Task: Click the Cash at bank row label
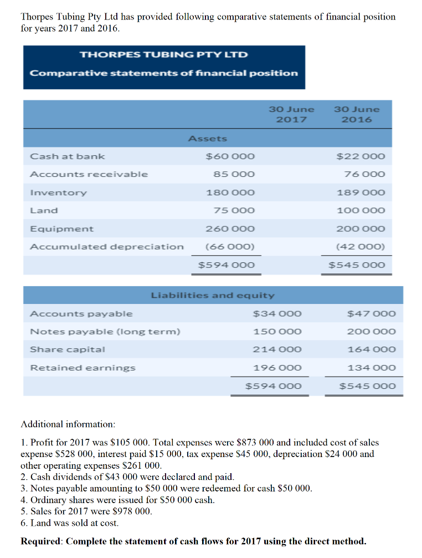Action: pyautogui.click(x=67, y=156)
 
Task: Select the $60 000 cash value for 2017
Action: pyautogui.click(x=230, y=156)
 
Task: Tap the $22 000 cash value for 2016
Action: pyautogui.click(x=361, y=156)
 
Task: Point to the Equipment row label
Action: pyautogui.click(x=61, y=229)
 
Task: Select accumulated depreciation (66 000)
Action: pyautogui.click(x=230, y=247)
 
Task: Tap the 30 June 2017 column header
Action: pyautogui.click(x=291, y=114)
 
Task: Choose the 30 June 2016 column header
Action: pyautogui.click(x=357, y=114)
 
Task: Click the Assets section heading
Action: pyautogui.click(x=208, y=138)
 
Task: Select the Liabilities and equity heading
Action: pyautogui.click(x=213, y=296)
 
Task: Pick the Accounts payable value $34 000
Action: pyautogui.click(x=277, y=314)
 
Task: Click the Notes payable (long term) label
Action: pyautogui.click(x=105, y=332)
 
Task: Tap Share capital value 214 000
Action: pyautogui.click(x=277, y=349)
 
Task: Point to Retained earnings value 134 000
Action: pyautogui.click(x=372, y=368)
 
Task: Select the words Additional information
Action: pyautogui.click(x=68, y=424)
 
